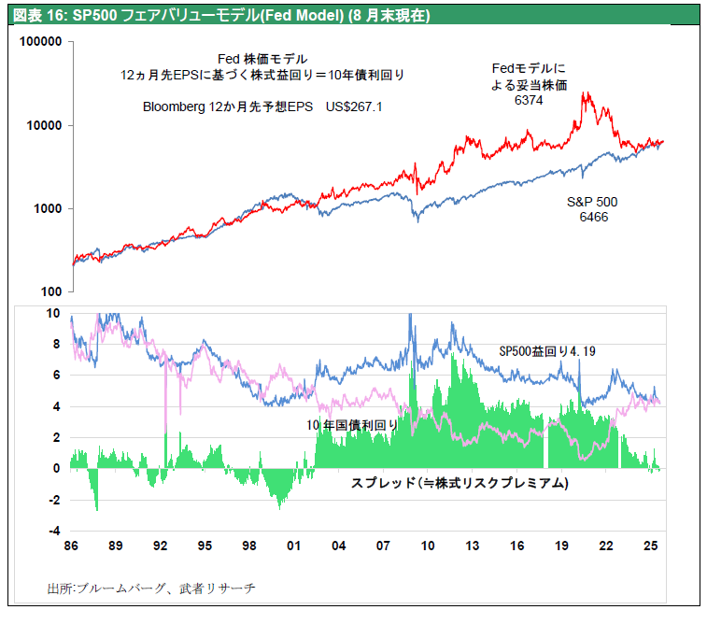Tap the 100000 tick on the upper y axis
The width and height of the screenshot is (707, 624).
[x=41, y=43]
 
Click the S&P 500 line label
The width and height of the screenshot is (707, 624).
[x=593, y=202]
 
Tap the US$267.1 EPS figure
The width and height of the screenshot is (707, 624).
[x=354, y=107]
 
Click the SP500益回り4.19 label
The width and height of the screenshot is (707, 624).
[x=547, y=351]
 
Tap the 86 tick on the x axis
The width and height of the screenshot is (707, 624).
[x=70, y=545]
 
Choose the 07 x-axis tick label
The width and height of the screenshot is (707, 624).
[x=383, y=545]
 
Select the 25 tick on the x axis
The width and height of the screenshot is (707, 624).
[x=651, y=545]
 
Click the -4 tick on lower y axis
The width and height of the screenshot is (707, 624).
[x=53, y=532]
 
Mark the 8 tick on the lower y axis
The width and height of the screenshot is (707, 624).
[x=56, y=345]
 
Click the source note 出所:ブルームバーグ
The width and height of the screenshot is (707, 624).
[x=150, y=589]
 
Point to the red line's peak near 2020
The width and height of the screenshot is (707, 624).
[x=586, y=92]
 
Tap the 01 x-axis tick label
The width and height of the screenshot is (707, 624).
[x=293, y=545]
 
